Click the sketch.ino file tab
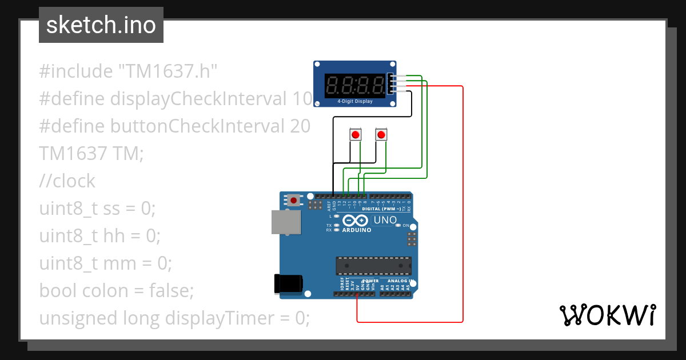[x=101, y=25]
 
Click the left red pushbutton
[x=356, y=135]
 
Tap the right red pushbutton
[x=381, y=135]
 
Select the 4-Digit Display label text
[x=354, y=102]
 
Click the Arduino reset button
[x=294, y=200]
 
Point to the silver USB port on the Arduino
[x=284, y=222]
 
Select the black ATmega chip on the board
[x=373, y=266]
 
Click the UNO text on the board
[x=385, y=220]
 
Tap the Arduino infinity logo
[x=356, y=221]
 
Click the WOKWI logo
[x=607, y=315]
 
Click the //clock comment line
[x=67, y=181]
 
